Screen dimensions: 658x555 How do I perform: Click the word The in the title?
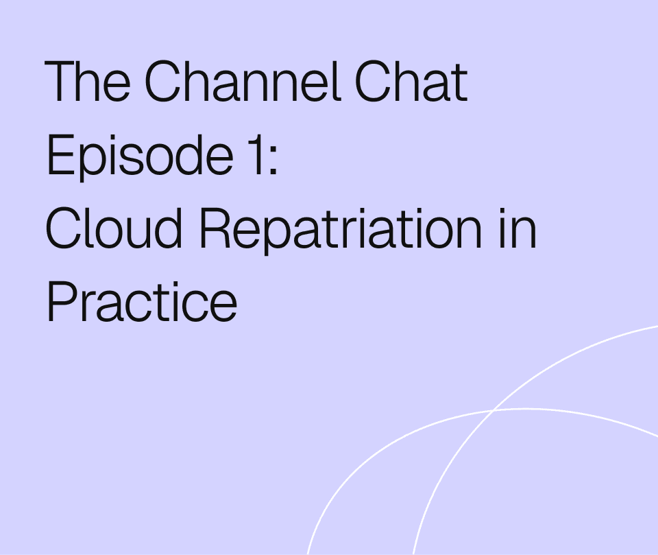[87, 81]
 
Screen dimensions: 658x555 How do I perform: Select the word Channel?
[243, 81]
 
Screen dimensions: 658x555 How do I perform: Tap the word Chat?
[411, 81]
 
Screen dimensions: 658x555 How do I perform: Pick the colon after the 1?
[273, 160]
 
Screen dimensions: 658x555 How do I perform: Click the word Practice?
[143, 303]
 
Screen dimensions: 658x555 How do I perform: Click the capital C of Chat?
[373, 81]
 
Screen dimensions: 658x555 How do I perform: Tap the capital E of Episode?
[62, 154]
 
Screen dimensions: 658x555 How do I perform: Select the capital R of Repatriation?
[215, 228]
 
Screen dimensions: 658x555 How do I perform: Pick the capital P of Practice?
[62, 303]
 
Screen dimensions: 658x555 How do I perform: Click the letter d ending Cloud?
[168, 229]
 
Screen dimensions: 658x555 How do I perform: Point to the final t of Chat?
[461, 83]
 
